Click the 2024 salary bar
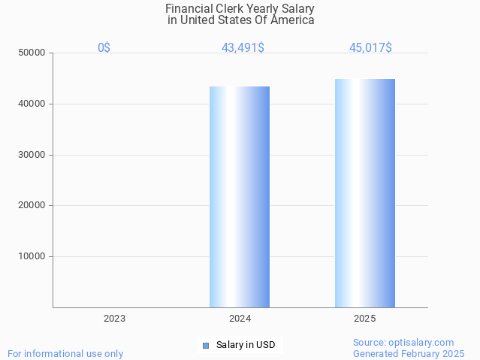[x=240, y=197]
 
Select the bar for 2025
[x=365, y=193]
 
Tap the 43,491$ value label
[x=243, y=48]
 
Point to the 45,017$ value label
[x=370, y=48]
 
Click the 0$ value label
[x=104, y=48]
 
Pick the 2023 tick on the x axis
[x=114, y=319]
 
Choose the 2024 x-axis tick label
[x=240, y=319]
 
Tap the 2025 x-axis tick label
[x=365, y=319]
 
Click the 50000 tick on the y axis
[x=33, y=53]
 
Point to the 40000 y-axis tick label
[x=33, y=104]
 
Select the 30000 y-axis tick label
[x=33, y=155]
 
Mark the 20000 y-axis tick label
[x=33, y=205]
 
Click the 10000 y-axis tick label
[x=33, y=256]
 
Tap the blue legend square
[x=205, y=346]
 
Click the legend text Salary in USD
[x=246, y=346]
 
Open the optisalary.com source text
[x=403, y=343]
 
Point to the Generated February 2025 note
[x=409, y=354]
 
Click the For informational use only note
[x=65, y=354]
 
